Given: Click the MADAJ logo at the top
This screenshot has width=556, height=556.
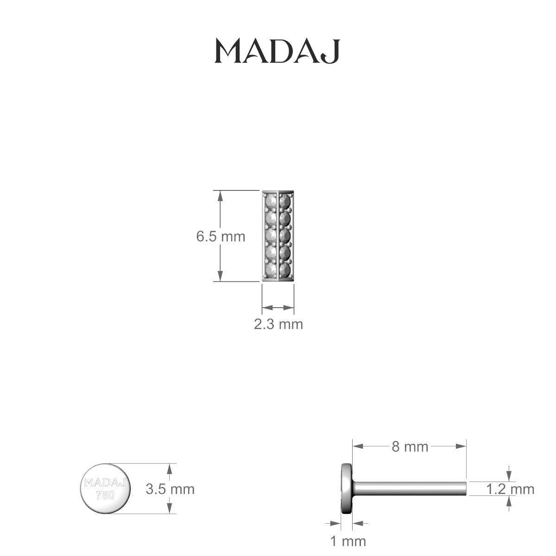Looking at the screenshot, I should click(277, 51).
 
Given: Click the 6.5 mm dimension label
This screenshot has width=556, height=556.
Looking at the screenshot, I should click(221, 237).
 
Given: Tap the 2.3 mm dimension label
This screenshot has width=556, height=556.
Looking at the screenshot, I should click(278, 324).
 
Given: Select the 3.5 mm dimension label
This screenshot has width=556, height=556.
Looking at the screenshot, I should click(170, 489).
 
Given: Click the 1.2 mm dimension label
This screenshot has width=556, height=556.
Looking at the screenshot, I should click(510, 489).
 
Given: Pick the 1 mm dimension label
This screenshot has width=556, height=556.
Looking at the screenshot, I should click(347, 541).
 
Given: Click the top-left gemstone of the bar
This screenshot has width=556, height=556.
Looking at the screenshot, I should click(271, 202).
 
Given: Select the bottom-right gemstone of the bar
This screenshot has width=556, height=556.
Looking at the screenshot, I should click(285, 269).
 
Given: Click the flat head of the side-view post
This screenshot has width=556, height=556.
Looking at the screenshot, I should click(346, 488).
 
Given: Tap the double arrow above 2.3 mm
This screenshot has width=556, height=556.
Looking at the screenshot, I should click(278, 307).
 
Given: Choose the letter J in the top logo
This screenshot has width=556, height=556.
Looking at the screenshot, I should click(332, 52).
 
